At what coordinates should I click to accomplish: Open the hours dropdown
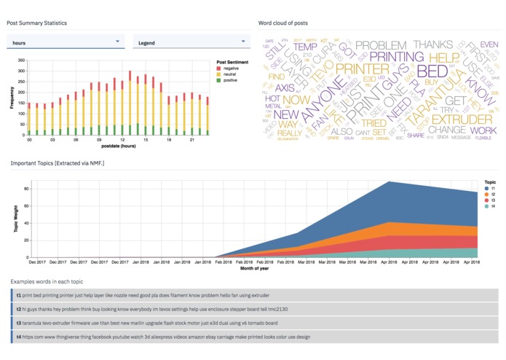66,42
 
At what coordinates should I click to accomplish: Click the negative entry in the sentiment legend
232,68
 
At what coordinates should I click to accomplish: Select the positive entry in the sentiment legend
232,79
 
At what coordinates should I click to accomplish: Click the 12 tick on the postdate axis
99,140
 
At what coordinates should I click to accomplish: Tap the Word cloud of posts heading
282,23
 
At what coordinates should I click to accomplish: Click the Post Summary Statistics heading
36,23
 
